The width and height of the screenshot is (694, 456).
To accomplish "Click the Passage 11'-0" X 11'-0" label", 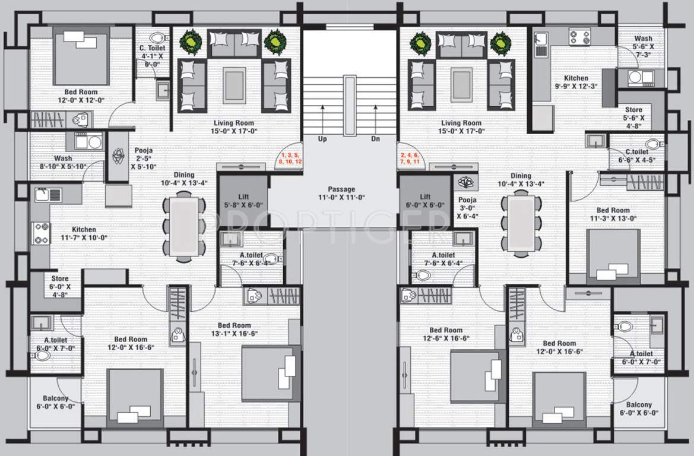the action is [342, 194].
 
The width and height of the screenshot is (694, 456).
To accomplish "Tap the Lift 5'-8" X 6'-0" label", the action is [243, 201].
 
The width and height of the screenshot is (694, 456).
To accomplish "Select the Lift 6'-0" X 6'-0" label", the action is [425, 201].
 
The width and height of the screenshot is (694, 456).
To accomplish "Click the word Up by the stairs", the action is [322, 138].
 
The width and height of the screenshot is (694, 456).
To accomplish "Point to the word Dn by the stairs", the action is [375, 138].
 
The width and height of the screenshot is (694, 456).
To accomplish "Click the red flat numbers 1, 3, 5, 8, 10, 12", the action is [290, 159].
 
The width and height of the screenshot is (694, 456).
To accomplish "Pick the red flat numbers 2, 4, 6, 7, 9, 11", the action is [410, 159].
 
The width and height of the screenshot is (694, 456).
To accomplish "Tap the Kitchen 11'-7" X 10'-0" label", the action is [84, 233].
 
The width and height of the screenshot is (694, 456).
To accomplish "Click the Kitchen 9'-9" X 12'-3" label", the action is [576, 82].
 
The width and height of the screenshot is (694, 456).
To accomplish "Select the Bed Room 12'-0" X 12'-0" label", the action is [81, 96].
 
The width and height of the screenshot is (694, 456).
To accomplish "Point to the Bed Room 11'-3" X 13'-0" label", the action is [613, 214].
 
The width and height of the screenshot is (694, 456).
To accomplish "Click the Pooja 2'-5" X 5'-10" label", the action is [144, 159].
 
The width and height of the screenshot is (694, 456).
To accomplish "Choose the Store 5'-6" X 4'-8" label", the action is [634, 118].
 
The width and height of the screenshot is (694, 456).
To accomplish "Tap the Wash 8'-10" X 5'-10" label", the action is [63, 162].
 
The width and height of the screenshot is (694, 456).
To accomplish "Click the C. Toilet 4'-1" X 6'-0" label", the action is [152, 56].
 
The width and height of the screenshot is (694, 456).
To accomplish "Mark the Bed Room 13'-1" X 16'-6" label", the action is [234, 330].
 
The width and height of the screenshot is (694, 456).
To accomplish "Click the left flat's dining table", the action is [184, 226].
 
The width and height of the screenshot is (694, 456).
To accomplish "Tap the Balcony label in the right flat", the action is [639, 405].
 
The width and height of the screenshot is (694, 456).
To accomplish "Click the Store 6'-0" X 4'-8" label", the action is [60, 286].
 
